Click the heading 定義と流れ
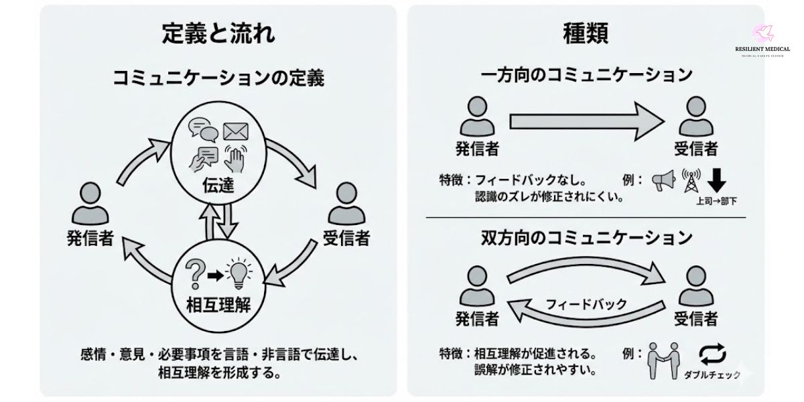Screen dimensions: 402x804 pyautogui.click(x=218, y=33)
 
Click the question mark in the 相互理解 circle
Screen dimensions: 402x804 pyautogui.click(x=196, y=273)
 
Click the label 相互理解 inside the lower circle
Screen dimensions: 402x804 pyautogui.click(x=216, y=306)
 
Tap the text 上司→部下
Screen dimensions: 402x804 pyautogui.click(x=717, y=200)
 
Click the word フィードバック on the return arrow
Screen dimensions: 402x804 pyautogui.click(x=586, y=304)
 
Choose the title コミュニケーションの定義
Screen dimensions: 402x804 pyautogui.click(x=218, y=79)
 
